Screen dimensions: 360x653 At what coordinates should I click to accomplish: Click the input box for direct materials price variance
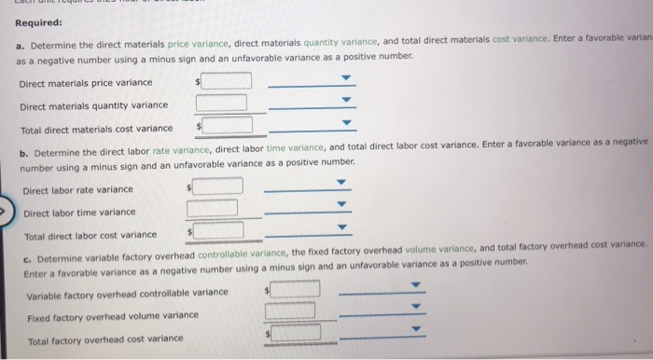(x=226, y=81)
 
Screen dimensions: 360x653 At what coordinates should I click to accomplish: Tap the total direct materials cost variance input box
(x=227, y=124)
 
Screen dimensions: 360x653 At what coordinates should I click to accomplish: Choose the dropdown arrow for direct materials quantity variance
(x=347, y=101)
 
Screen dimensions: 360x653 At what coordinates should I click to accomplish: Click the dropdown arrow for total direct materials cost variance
(x=347, y=122)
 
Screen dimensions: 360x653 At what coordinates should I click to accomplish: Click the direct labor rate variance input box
(x=217, y=187)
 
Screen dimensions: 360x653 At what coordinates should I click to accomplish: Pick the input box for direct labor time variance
(x=213, y=207)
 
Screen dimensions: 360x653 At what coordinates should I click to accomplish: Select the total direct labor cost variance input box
(x=217, y=228)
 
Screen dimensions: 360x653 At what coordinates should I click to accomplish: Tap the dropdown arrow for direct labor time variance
(x=341, y=205)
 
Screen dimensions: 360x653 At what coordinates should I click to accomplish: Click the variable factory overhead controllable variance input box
(x=295, y=289)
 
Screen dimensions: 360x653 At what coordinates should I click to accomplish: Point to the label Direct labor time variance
(x=79, y=213)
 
